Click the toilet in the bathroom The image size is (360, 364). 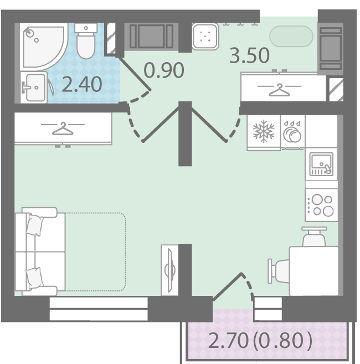86,41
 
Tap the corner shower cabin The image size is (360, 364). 43,46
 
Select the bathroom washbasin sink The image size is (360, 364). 34,88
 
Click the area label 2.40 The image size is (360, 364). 82,84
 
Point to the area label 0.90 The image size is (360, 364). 164,70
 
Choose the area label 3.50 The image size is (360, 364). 250,55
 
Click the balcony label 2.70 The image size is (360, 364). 228,341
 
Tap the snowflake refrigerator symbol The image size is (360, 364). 264,131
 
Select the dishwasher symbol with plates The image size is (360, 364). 292,132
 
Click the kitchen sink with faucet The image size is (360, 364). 321,164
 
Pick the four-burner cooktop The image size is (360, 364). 321,205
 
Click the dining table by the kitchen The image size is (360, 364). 313,271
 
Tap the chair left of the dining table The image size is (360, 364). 279,271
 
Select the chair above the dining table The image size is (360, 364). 314,237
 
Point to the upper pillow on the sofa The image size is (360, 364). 35,225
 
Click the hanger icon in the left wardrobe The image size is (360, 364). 63,129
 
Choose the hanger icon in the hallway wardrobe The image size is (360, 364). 279,90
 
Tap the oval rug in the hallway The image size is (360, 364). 291,36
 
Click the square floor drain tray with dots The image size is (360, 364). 205,37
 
